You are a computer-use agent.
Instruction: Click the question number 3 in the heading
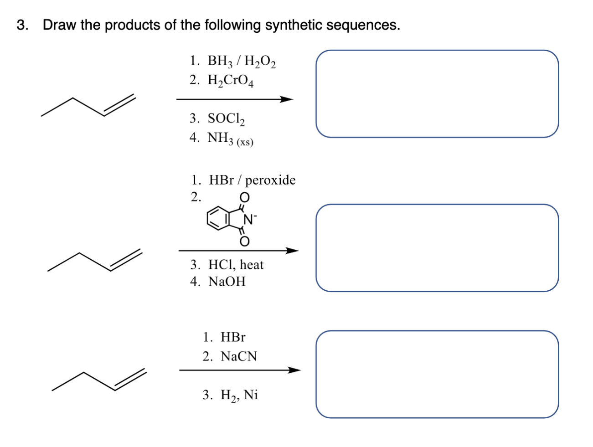tap(21, 25)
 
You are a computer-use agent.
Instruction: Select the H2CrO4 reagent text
tap(231, 81)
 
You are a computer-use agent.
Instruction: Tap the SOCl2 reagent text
tap(226, 119)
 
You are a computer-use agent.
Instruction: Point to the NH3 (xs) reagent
tap(230, 138)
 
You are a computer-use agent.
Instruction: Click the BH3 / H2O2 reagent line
tap(242, 61)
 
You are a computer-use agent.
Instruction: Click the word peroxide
tap(270, 180)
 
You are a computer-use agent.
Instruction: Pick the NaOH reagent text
tap(227, 282)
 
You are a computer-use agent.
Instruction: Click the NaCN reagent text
tap(238, 356)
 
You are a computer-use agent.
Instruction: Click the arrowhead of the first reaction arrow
tap(287, 99)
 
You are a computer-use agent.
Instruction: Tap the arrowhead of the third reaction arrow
tap(294, 370)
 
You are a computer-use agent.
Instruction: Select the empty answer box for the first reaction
tap(437, 93)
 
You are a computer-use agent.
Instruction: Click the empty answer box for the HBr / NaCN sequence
tap(437, 374)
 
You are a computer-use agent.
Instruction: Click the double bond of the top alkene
tap(119, 105)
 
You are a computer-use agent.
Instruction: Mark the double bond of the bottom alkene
tap(130, 380)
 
